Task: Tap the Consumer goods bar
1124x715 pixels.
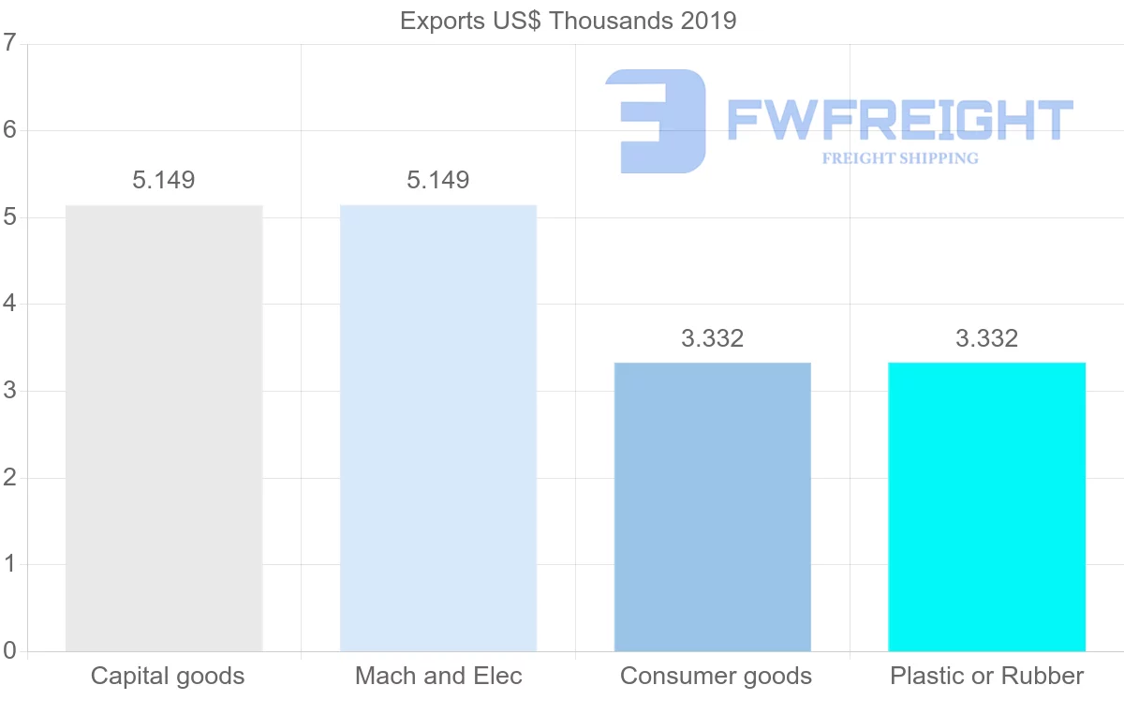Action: click(x=713, y=506)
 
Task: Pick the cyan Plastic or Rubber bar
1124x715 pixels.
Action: click(x=987, y=506)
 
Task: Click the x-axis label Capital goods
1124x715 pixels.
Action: click(x=168, y=676)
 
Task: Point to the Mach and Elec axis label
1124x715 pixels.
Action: click(x=438, y=676)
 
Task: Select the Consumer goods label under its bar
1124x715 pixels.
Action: click(x=716, y=676)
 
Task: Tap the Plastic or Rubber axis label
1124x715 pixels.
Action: click(x=987, y=676)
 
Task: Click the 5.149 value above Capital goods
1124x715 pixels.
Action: click(x=164, y=180)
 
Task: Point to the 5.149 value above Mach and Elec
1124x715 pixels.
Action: click(x=438, y=180)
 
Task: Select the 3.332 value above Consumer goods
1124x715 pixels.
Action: click(x=713, y=338)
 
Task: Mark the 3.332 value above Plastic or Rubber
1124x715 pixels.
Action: click(x=987, y=338)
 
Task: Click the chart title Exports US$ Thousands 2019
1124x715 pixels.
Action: click(x=569, y=21)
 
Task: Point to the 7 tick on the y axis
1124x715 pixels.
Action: click(x=10, y=43)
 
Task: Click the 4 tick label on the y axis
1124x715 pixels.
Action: click(x=10, y=304)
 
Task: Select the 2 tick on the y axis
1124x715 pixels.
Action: click(x=10, y=478)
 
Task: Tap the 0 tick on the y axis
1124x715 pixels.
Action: click(x=10, y=650)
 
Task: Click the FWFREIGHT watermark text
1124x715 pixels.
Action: click(x=899, y=121)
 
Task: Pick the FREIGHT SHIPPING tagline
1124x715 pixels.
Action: click(x=899, y=158)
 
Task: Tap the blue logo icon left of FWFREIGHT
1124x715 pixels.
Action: click(x=655, y=121)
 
